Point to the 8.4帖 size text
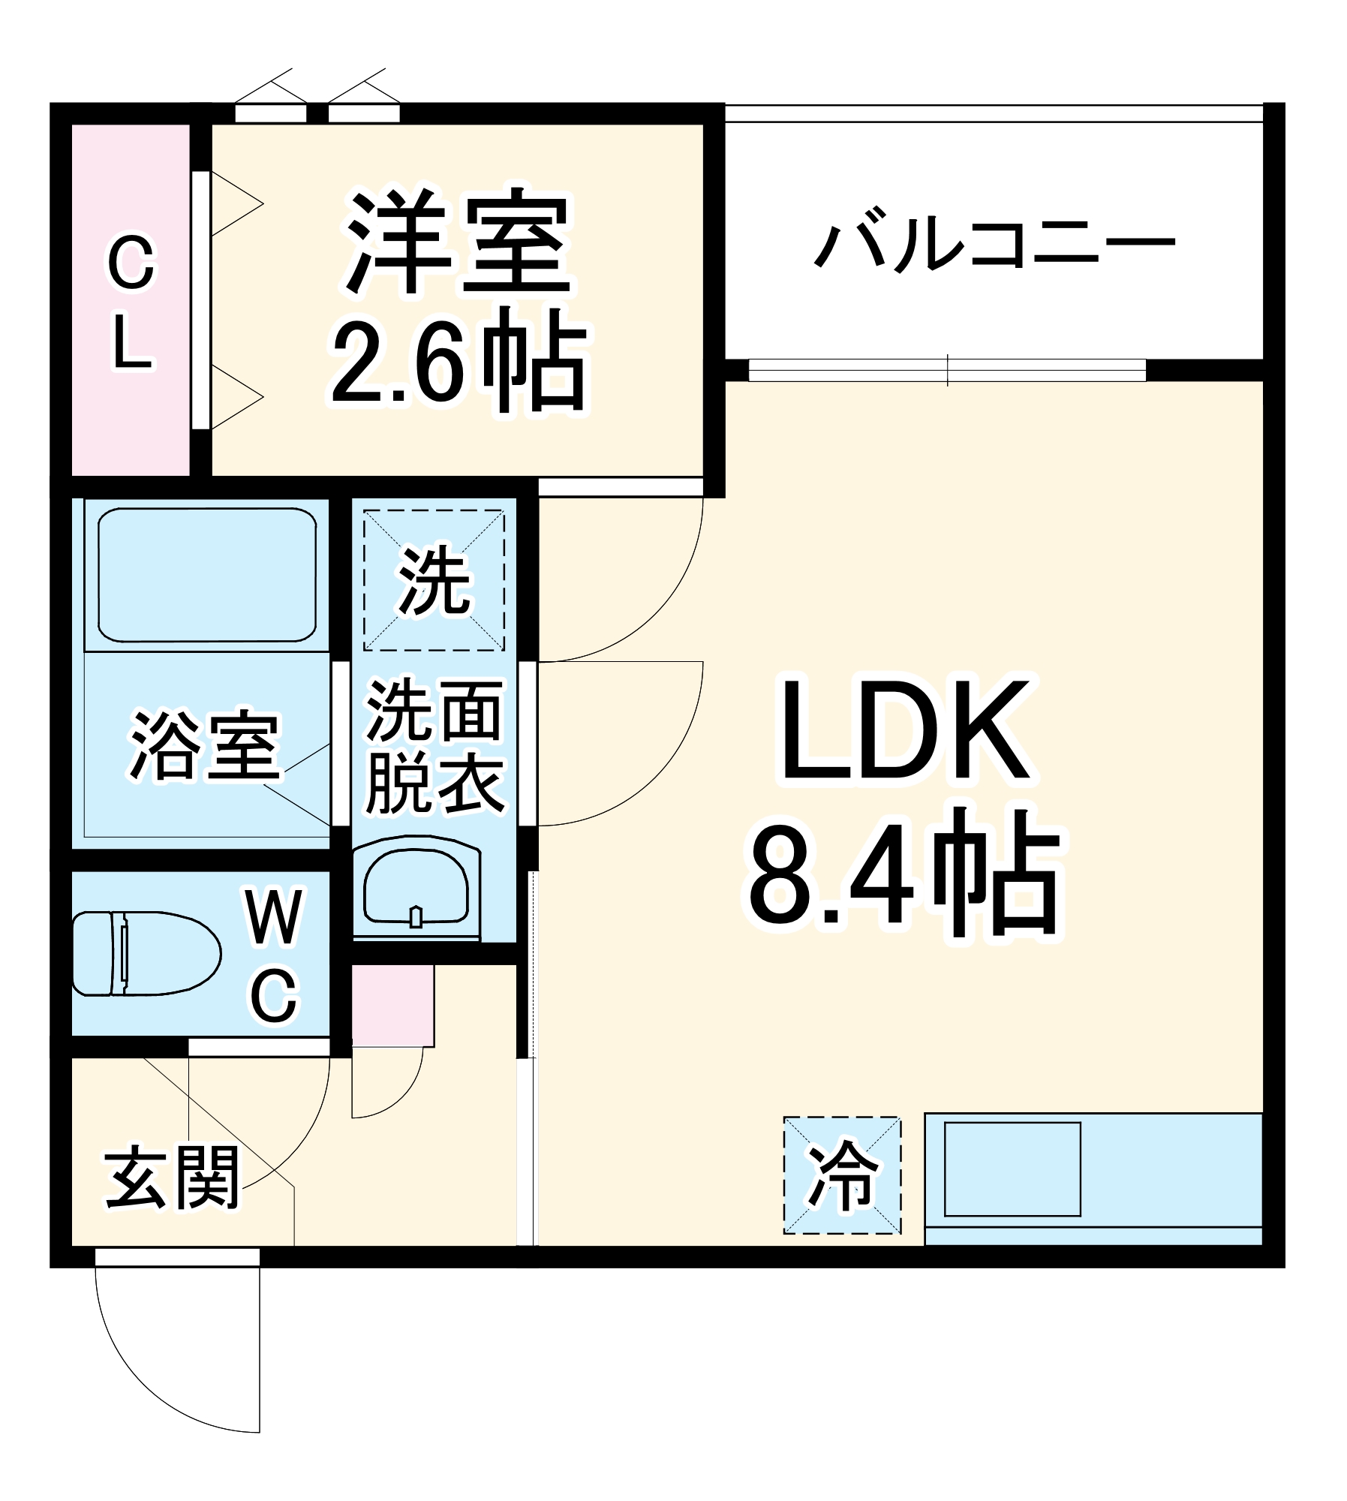904,874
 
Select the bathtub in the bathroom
206,575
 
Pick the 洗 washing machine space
434,579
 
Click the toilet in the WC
146,953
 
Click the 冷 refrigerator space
842,1175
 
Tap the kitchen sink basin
1012,1169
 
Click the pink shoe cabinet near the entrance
392,1006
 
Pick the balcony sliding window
947,370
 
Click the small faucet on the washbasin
416,916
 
